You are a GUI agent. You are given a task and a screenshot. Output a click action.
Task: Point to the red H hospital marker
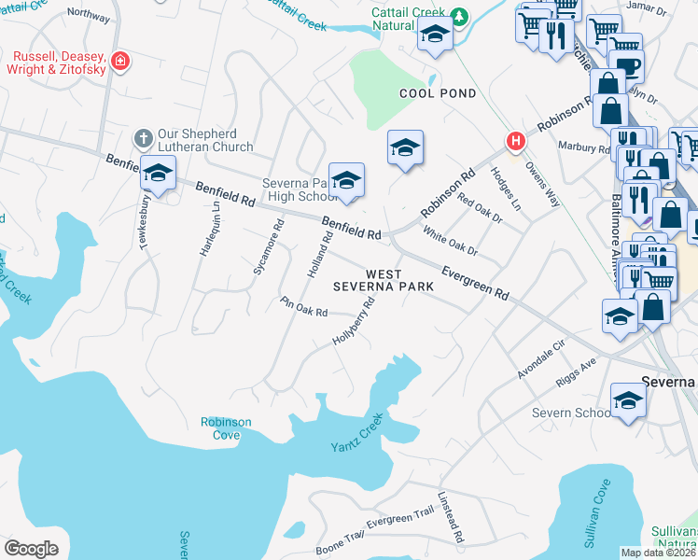[514, 142]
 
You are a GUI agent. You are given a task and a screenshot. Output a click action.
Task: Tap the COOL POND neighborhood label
[438, 93]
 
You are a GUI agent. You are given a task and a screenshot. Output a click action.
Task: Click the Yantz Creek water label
[357, 434]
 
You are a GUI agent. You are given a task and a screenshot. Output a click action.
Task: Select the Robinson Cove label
[226, 428]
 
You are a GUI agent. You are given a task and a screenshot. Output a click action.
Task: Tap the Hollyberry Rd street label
[354, 321]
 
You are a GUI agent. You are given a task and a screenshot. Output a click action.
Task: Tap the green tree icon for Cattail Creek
[458, 16]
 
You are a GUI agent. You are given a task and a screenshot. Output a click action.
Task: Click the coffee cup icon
[629, 67]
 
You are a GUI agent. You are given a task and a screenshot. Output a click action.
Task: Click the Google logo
[31, 549]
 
